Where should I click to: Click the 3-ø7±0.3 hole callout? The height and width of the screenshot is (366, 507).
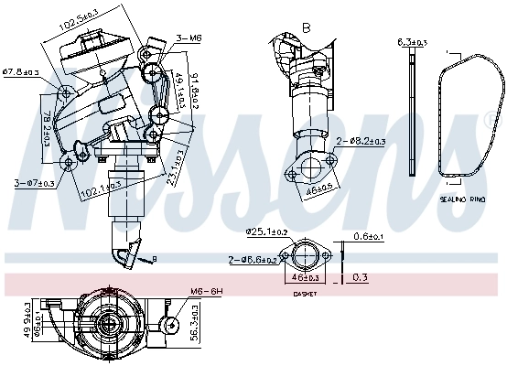[34, 183]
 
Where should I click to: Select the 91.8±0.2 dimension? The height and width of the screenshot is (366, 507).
[192, 96]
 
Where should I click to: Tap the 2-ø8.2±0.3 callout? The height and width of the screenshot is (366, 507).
[361, 141]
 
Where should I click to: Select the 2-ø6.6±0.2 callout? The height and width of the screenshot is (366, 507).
[254, 261]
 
